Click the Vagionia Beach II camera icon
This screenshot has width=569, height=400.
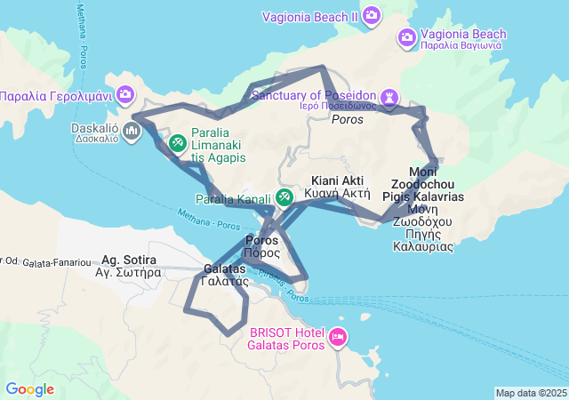pos(372,15)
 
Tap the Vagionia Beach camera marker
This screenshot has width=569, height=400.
pos(406,36)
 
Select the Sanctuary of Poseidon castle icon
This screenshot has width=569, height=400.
pos(389,95)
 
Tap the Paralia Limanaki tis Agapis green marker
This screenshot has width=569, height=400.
pos(177,141)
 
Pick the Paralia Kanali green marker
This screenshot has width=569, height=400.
pos(284,197)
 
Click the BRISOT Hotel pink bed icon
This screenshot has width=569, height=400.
pos(337,337)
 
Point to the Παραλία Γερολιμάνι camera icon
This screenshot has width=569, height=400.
pos(125,93)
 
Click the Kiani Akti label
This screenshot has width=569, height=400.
pos(330,180)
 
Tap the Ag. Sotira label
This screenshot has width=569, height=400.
pos(129,260)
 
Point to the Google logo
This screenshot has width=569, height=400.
pos(29,389)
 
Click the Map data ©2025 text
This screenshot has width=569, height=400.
pos(530,393)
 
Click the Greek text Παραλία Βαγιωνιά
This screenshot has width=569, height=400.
pos(461,44)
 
